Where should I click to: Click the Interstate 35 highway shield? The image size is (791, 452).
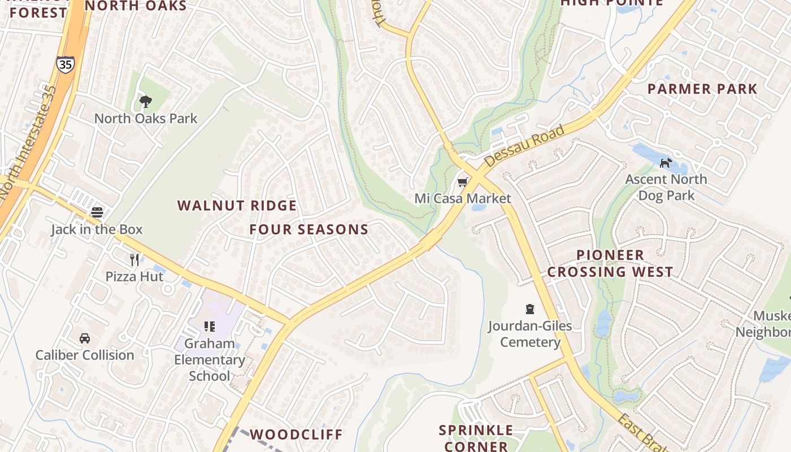(65, 64)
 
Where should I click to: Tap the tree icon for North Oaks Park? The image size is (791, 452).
(146, 102)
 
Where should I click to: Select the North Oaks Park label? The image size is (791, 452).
(146, 119)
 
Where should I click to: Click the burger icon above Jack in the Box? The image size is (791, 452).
(97, 212)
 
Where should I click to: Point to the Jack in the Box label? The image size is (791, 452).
(97, 229)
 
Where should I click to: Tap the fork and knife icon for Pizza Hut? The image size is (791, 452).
(134, 259)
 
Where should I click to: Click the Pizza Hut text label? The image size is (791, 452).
(134, 276)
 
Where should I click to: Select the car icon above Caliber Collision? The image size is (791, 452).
(85, 338)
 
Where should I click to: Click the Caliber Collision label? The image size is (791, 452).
(85, 355)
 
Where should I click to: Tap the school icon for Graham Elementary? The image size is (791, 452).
(210, 326)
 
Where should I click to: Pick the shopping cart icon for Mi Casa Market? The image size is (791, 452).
(463, 181)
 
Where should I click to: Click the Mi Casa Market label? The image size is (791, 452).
(463, 198)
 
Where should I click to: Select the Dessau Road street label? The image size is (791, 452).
(524, 146)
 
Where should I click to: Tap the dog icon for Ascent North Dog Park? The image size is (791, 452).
(666, 163)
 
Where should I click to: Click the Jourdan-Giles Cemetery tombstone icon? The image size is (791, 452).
(530, 309)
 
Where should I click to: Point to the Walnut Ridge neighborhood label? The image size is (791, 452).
(237, 206)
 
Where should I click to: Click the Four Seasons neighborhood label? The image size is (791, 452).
(309, 229)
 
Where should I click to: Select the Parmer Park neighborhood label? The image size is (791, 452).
(702, 89)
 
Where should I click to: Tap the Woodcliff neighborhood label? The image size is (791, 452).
(296, 434)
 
